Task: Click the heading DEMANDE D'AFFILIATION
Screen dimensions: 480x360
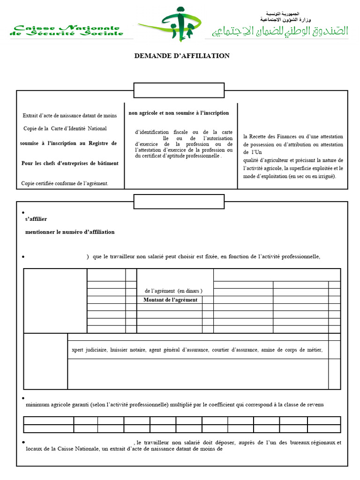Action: tap(182, 56)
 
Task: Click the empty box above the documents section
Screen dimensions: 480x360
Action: tap(181, 90)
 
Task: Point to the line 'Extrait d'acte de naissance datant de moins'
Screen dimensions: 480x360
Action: tap(70, 116)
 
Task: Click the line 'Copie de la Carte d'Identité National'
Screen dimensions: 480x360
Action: tap(65, 128)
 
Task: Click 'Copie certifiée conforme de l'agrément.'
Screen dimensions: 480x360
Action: tap(65, 183)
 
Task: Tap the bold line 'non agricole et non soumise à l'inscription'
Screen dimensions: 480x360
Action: tap(179, 113)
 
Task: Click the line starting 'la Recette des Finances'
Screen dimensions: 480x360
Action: tap(293, 136)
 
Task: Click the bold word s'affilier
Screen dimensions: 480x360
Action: tap(36, 219)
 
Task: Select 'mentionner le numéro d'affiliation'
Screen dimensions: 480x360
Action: tap(70, 232)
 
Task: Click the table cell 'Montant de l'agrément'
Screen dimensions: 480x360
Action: tap(170, 300)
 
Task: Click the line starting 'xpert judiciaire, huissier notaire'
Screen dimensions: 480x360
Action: tap(197, 350)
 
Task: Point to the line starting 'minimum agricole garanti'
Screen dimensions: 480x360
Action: tap(174, 405)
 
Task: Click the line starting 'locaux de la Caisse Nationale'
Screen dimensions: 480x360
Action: tap(124, 449)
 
